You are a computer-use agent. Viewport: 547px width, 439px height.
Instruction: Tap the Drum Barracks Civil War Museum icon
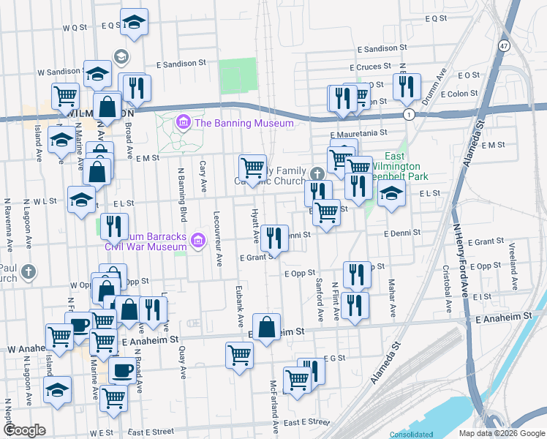pos(197,240)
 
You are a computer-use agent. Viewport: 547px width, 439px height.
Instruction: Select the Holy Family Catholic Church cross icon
pos(316,174)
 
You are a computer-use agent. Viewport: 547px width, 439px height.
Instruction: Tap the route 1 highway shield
pos(409,115)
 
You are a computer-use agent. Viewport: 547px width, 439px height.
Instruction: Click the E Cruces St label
pos(376,67)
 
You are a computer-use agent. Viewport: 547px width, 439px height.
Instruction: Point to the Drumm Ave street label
pos(442,86)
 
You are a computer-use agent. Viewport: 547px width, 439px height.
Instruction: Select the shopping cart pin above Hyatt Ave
pos(252,167)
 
